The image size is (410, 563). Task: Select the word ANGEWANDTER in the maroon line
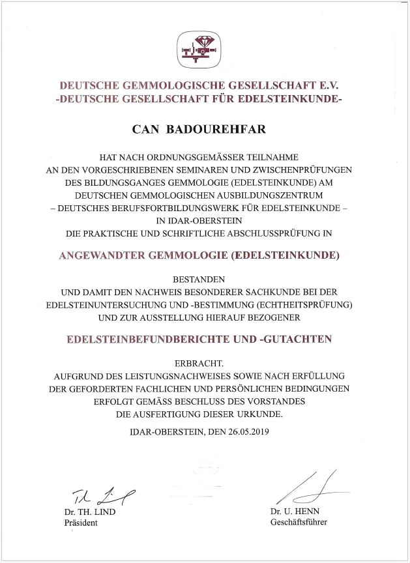100,255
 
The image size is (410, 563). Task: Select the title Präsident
80,523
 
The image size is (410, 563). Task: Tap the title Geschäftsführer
299,522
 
